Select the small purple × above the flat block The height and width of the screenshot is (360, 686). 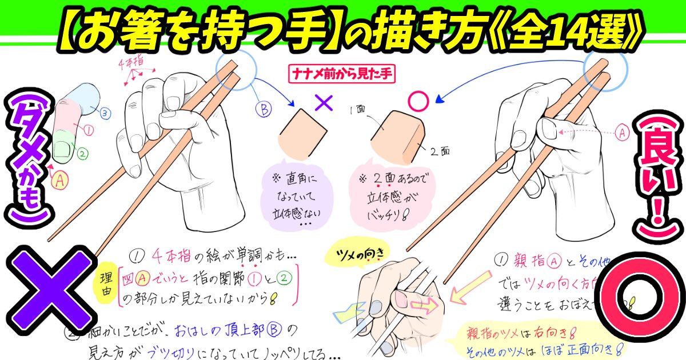pos(324,103)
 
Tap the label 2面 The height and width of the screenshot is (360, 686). pos(440,151)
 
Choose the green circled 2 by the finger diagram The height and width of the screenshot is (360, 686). pos(82,153)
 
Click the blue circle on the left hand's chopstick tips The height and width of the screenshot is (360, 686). pos(238,71)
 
